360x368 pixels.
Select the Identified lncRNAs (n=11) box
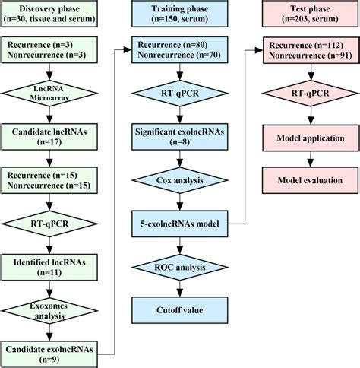tap(49, 267)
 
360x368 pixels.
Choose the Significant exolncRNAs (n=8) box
tap(179, 138)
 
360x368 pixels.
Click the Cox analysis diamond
tap(179, 180)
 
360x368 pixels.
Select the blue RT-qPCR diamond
tap(179, 96)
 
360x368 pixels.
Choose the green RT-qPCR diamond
tap(49, 225)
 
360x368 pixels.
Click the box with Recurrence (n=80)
tap(179, 51)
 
